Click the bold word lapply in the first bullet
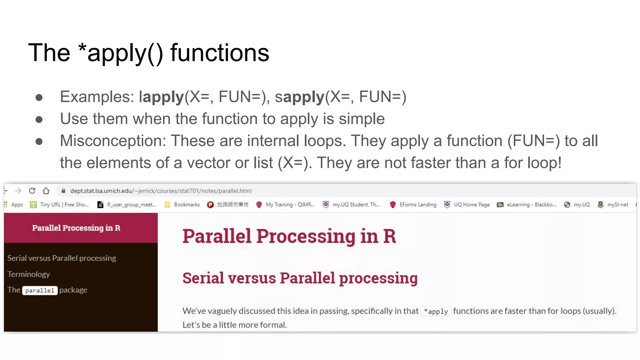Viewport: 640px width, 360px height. (x=161, y=97)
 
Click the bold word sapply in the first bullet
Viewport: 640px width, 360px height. (x=300, y=97)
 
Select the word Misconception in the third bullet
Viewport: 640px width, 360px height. (x=112, y=141)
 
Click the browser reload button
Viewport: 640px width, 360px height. (x=32, y=191)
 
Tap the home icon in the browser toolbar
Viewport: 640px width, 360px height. (x=46, y=191)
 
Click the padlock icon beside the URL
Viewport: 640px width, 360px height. (x=63, y=191)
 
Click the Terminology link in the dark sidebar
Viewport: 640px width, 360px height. (x=28, y=274)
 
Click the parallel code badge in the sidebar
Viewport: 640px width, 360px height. (x=40, y=291)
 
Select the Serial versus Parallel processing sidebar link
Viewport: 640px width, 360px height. (x=62, y=258)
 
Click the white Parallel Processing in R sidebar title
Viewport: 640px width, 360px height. (x=76, y=228)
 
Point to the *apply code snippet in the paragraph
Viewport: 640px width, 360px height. (x=436, y=312)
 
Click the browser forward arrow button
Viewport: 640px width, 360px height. (x=18, y=191)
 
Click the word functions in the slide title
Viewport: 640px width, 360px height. (x=219, y=53)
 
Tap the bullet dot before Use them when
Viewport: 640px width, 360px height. (x=39, y=119)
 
